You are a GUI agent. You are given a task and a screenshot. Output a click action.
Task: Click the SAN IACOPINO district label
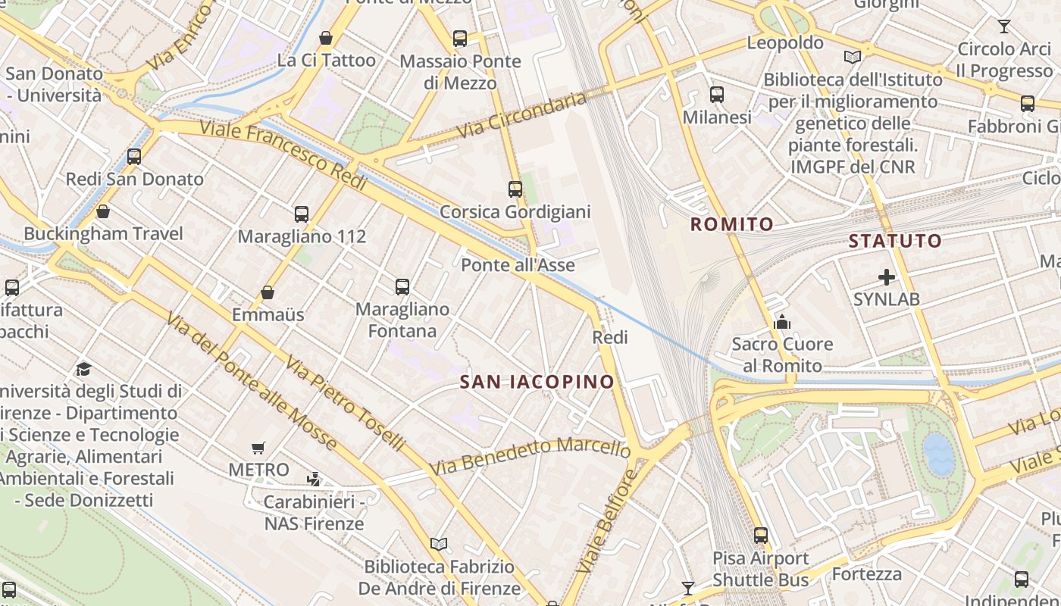(537, 382)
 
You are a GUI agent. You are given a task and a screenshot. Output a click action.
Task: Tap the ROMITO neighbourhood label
(731, 224)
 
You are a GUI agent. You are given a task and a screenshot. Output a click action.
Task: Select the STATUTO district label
(895, 242)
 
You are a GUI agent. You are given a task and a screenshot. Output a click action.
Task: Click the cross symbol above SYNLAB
(886, 277)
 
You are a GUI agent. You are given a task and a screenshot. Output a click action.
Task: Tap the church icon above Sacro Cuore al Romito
(781, 323)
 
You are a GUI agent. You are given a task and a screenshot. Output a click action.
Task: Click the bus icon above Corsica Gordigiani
(515, 189)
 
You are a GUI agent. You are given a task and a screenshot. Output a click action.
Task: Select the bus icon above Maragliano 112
(302, 214)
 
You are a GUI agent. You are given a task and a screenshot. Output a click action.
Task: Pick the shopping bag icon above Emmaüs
(268, 292)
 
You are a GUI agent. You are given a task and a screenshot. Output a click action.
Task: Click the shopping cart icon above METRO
(258, 448)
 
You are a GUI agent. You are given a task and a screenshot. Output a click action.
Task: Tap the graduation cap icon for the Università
(83, 369)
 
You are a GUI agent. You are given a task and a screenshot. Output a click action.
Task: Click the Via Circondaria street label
(523, 116)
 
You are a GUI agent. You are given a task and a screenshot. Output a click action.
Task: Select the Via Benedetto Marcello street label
(530, 455)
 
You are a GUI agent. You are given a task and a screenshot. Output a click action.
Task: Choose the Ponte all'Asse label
(518, 265)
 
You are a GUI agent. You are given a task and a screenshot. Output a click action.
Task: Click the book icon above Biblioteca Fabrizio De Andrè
(439, 544)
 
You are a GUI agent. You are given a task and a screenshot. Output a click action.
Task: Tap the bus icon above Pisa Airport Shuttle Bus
(761, 536)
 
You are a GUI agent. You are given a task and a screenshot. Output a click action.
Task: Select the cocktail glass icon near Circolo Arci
(1004, 27)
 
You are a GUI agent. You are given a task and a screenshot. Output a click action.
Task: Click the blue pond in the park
(938, 454)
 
